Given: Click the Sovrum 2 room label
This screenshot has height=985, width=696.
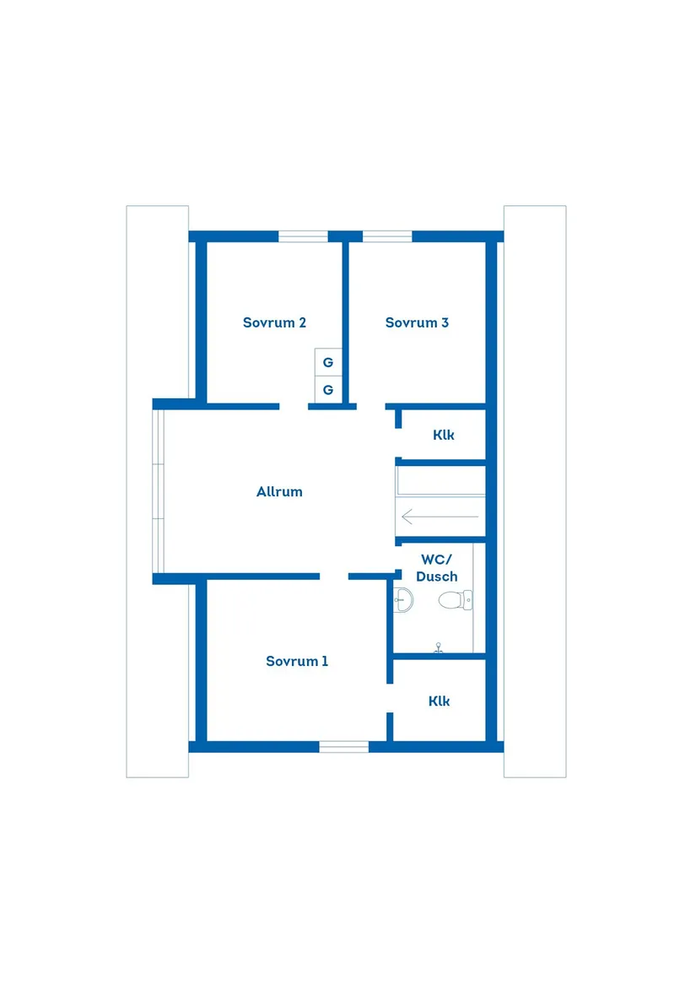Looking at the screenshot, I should point(274,322).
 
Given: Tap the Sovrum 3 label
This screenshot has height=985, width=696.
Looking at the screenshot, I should point(417,322).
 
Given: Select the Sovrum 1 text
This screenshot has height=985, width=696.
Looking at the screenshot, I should point(297,661).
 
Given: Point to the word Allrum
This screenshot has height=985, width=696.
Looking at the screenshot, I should point(279,491).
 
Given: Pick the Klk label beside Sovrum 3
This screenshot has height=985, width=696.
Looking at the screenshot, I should point(444,436).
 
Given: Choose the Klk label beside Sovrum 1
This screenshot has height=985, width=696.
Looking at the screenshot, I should point(439,701).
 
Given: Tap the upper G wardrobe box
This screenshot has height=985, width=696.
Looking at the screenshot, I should point(328,362).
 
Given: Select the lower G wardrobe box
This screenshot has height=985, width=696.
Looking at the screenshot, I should point(328,390).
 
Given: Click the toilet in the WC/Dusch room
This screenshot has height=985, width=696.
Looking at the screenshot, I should point(456,600).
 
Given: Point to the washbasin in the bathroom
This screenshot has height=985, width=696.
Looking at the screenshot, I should point(403,600).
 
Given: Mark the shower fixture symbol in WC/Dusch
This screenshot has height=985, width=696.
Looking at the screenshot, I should point(438,648).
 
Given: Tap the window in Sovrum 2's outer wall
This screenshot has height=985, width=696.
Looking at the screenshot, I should point(303,236).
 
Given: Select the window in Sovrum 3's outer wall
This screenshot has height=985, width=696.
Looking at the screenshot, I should point(387,236).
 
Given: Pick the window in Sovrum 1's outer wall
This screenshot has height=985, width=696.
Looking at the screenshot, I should point(344,746).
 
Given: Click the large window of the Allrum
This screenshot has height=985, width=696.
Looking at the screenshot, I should point(159,491).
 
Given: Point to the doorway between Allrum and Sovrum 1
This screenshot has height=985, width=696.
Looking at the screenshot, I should point(334,576).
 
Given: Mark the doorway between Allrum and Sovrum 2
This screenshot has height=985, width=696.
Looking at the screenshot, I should point(294,407).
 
